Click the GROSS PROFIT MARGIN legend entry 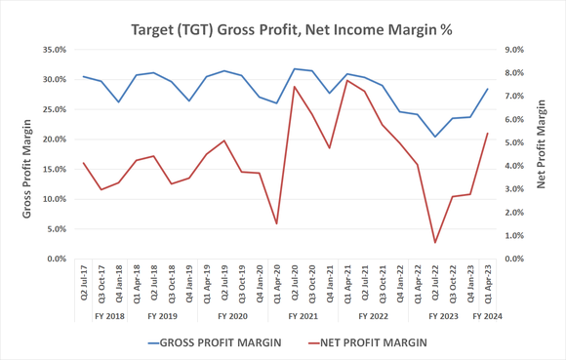[x=214, y=342]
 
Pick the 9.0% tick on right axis [x=511, y=50]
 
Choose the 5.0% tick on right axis [x=511, y=142]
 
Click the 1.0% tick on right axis [x=511, y=236]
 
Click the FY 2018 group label [x=109, y=317]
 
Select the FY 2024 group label [x=488, y=317]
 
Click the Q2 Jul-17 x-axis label [x=84, y=283]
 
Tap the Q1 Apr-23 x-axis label [x=488, y=283]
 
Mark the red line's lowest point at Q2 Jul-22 [x=435, y=243]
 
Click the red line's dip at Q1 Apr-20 [x=277, y=223]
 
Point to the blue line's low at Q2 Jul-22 [x=435, y=137]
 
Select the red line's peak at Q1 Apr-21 [x=347, y=80]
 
